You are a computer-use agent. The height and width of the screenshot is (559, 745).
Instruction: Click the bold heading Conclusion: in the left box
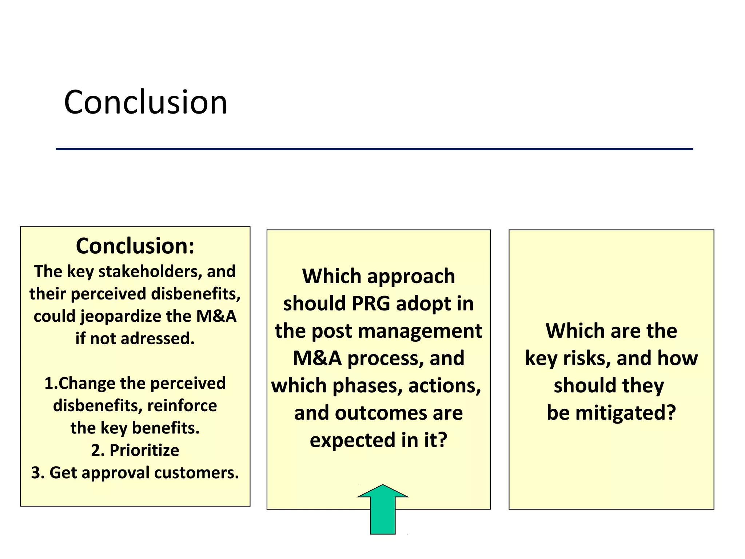tap(135, 246)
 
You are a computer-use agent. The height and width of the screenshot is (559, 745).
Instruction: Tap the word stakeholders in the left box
tap(150, 271)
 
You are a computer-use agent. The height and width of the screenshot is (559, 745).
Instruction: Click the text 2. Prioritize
tap(135, 450)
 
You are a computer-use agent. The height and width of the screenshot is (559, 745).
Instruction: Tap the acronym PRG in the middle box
tap(371, 304)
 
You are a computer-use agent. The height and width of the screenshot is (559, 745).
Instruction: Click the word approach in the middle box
tap(411, 276)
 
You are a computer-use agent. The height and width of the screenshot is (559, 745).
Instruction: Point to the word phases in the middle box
tap(367, 385)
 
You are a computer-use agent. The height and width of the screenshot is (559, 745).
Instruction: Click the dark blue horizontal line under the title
tap(374, 149)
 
